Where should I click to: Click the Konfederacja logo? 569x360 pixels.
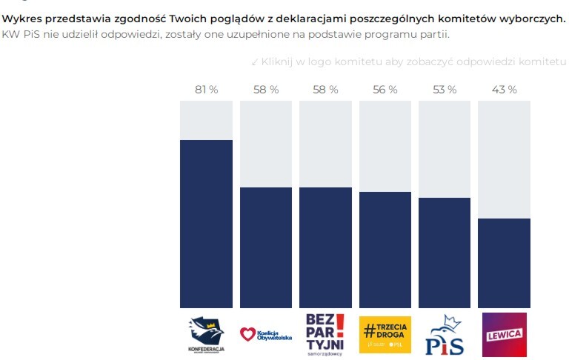[x=206, y=334]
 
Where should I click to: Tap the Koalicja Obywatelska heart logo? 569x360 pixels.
[x=265, y=334]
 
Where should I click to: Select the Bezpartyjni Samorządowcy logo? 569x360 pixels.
[x=325, y=334]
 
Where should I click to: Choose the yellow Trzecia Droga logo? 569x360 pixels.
[x=385, y=334]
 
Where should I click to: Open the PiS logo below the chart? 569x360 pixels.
[x=444, y=335]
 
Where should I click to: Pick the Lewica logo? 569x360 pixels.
[x=504, y=334]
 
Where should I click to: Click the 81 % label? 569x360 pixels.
[x=206, y=89]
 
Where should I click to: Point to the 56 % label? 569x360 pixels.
[x=385, y=89]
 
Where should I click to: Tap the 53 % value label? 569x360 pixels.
[x=444, y=89]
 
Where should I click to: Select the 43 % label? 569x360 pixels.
[x=504, y=89]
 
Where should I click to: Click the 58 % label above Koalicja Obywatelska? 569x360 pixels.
[x=265, y=89]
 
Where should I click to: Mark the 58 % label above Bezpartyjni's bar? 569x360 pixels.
[x=325, y=89]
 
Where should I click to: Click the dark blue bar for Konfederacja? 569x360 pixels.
[x=206, y=222]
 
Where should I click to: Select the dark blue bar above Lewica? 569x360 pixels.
[x=504, y=263]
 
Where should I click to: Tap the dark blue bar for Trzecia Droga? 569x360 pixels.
[x=385, y=249]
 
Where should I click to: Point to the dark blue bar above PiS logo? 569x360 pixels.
[x=444, y=252]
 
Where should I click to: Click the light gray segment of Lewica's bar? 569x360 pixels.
[x=504, y=159]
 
